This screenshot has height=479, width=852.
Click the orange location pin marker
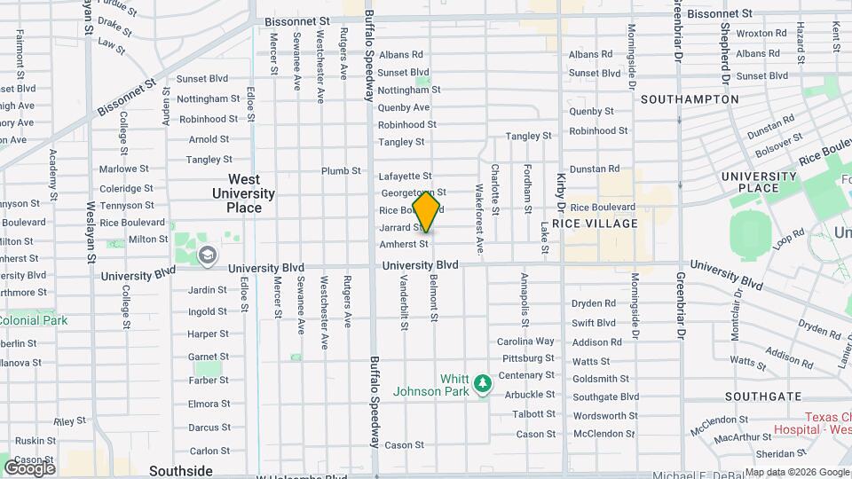click(x=426, y=212)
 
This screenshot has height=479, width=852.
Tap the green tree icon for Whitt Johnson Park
click(x=482, y=384)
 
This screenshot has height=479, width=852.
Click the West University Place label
click(x=244, y=193)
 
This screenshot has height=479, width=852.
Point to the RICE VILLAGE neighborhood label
click(x=595, y=224)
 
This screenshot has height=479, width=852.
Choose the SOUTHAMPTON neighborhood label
click(x=690, y=99)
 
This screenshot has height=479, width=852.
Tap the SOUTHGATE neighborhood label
click(x=756, y=396)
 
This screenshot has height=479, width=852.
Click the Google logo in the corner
click(x=29, y=467)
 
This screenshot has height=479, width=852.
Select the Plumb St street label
click(x=341, y=171)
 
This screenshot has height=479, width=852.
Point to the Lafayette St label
click(x=405, y=177)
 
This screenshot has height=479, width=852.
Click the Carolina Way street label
click(x=525, y=342)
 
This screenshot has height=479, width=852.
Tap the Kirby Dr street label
click(x=561, y=191)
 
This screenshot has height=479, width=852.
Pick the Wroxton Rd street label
click(x=761, y=34)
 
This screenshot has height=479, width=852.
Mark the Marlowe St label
click(x=123, y=169)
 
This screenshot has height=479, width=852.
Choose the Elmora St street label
click(x=209, y=404)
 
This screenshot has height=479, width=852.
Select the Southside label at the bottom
click(x=181, y=470)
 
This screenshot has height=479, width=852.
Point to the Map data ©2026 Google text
click(x=796, y=471)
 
